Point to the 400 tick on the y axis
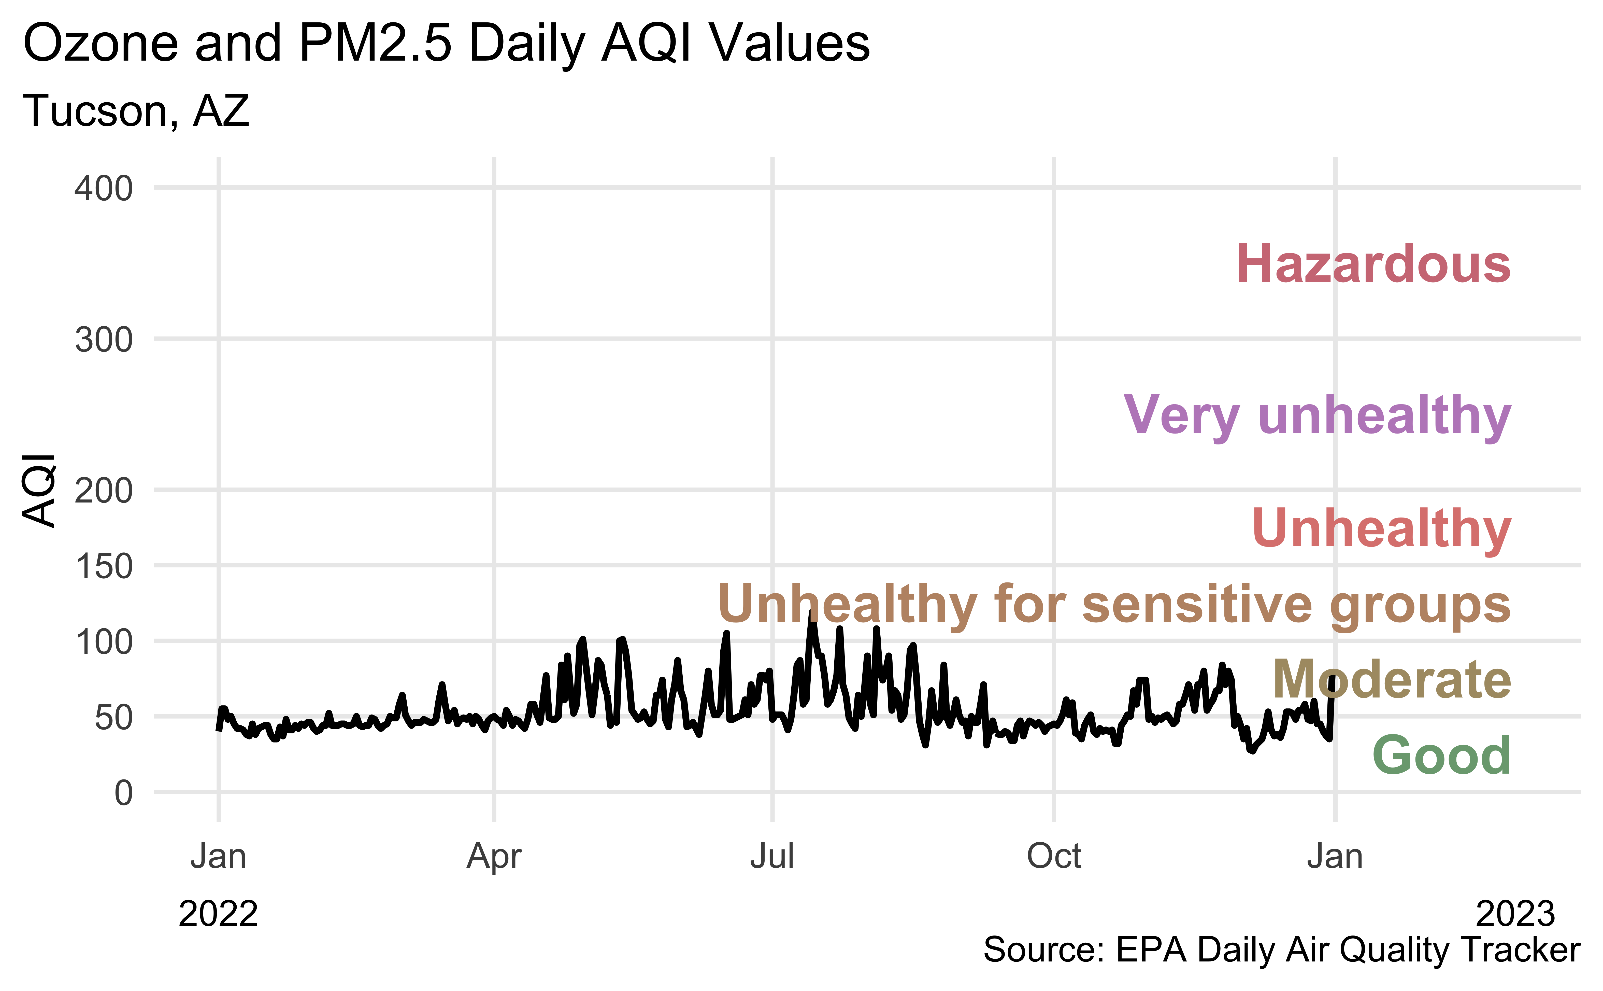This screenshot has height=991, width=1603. [104, 189]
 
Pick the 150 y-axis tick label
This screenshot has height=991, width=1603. [104, 566]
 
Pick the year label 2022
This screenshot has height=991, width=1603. [218, 914]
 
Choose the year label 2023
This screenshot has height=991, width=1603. [1514, 914]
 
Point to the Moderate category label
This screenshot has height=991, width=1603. [1391, 680]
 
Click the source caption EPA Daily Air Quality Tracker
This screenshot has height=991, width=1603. [1281, 950]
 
